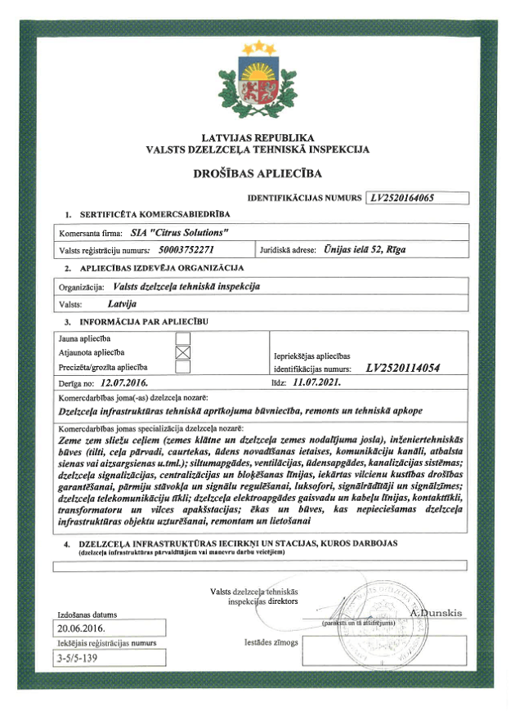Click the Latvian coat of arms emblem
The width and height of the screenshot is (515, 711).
click(x=257, y=82)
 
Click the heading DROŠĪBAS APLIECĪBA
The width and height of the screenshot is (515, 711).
click(x=257, y=173)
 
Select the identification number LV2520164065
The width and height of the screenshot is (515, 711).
click(x=413, y=197)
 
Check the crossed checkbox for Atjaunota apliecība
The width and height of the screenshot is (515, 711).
click(x=183, y=352)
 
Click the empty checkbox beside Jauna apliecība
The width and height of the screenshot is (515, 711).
click(x=183, y=338)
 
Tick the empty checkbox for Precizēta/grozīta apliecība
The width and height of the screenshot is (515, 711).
click(x=183, y=367)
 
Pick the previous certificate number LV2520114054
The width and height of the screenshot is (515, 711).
click(x=403, y=368)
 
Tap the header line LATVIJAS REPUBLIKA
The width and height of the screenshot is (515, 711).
click(x=257, y=138)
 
